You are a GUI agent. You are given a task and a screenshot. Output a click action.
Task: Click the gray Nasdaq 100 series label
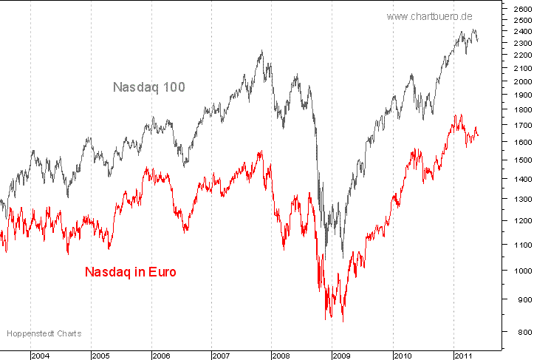pyautogui.click(x=148, y=87)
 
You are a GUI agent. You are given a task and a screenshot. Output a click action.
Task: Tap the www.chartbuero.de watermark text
pyautogui.click(x=430, y=16)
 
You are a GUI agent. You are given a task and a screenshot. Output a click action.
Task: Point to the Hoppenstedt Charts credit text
pyautogui.click(x=44, y=334)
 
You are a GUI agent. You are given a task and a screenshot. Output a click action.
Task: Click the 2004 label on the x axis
pyautogui.click(x=41, y=356)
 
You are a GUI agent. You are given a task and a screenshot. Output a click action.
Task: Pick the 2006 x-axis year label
pyautogui.click(x=162, y=356)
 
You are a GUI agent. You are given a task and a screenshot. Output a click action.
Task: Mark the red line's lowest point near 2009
pyautogui.click(x=342, y=322)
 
